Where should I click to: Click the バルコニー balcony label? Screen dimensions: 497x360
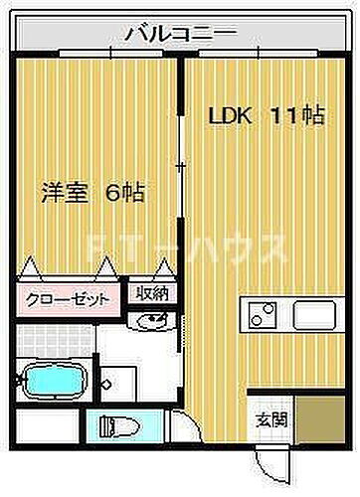point(180,35)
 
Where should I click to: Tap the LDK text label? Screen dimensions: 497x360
point(228,115)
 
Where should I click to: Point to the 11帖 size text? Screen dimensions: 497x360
point(295,115)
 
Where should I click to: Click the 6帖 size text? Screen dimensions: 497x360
point(125,192)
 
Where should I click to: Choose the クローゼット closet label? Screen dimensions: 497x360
point(67,297)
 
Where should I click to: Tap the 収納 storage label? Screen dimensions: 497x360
point(152,295)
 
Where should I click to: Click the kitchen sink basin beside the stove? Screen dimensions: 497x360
point(317,318)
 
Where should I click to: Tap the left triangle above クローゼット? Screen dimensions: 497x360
point(31,268)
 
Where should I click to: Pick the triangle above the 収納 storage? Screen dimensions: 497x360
point(164,268)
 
